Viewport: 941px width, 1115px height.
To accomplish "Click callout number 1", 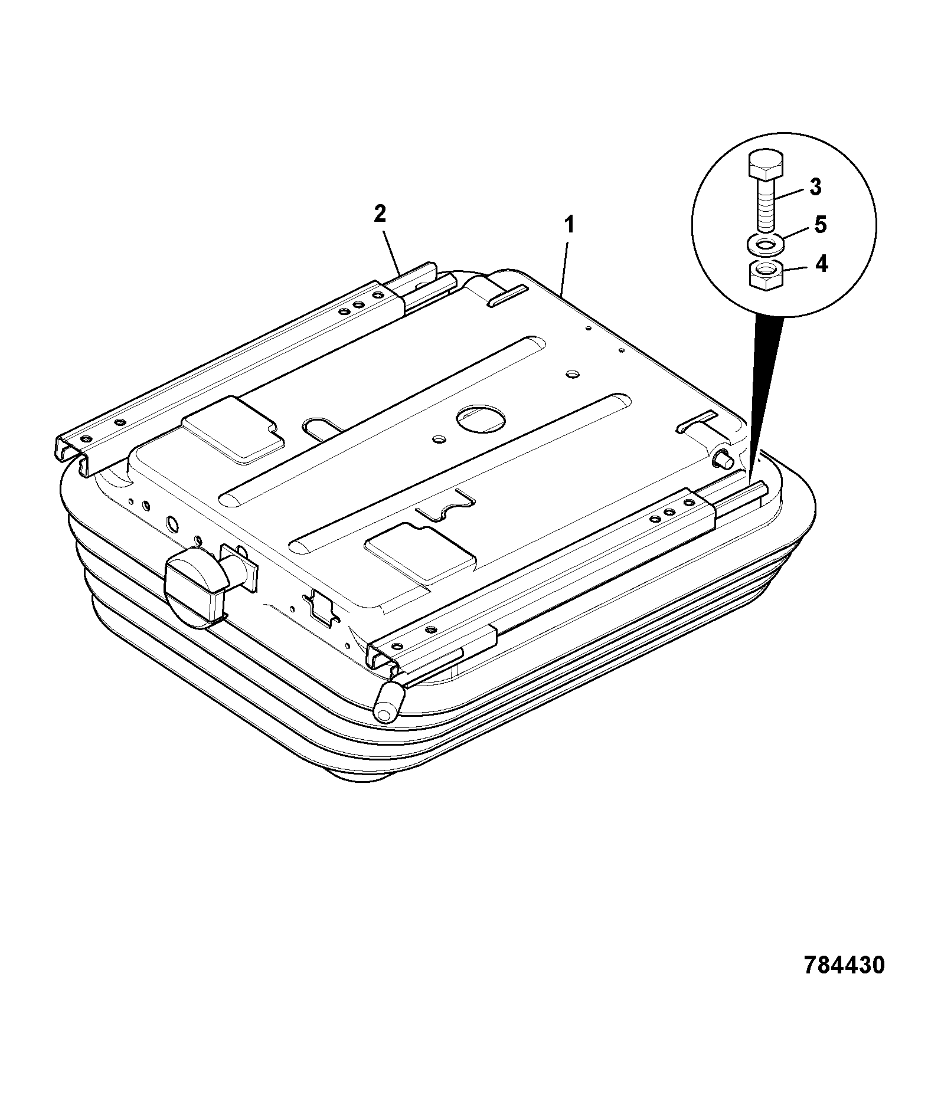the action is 569,225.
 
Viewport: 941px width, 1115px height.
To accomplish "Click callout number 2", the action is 380,214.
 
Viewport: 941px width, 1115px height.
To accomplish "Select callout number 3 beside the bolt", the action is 815,187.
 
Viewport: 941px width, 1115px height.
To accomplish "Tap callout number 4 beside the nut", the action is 821,263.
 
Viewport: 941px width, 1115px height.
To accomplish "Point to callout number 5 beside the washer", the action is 820,225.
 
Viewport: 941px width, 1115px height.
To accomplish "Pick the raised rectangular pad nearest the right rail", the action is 420,550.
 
